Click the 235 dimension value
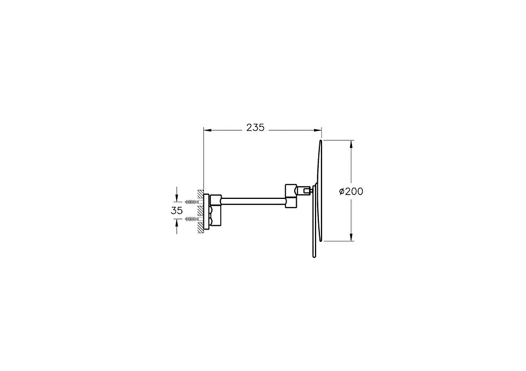click(x=255, y=128)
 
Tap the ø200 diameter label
click(x=351, y=191)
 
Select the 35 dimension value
click(x=177, y=211)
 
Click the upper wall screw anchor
click(x=192, y=202)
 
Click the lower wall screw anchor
click(x=192, y=219)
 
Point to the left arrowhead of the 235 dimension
click(x=207, y=130)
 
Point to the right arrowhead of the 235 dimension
click(x=318, y=130)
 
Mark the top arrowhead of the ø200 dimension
click(x=351, y=144)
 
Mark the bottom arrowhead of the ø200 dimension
click(x=351, y=238)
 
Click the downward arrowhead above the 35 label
click(x=177, y=199)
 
